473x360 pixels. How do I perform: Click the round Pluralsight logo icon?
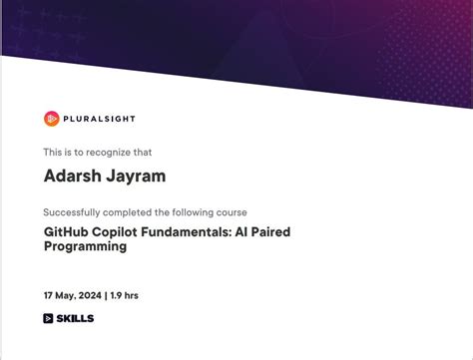52,119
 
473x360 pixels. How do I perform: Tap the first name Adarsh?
72,177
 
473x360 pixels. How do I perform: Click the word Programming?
85,246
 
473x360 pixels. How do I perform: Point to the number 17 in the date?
48,296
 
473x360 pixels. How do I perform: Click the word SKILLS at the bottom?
76,319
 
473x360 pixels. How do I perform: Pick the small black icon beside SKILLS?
48,319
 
